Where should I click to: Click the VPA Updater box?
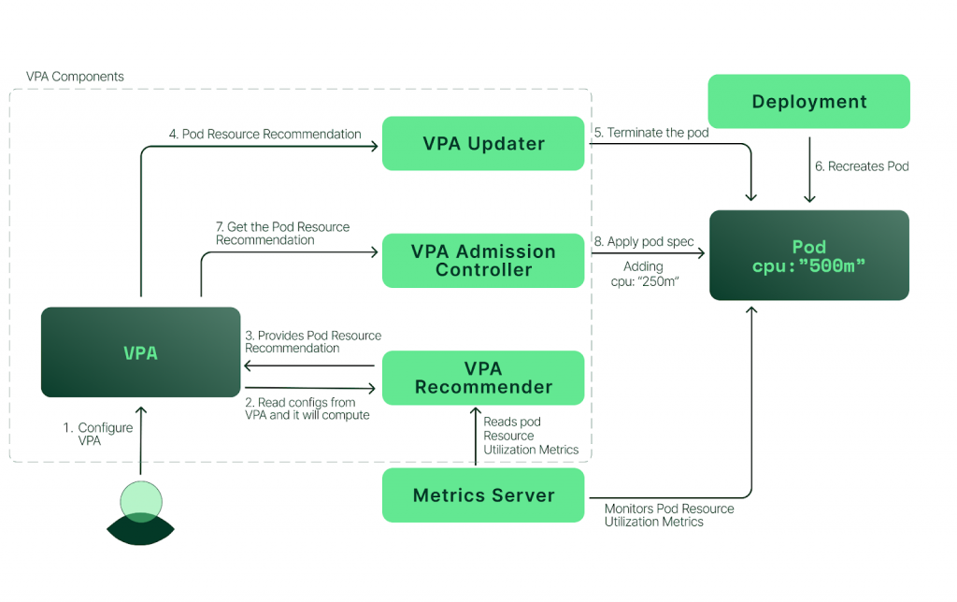483,143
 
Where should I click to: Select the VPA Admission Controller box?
483,260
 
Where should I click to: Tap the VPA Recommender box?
483,378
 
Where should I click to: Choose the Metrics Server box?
483,495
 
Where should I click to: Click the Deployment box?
808,101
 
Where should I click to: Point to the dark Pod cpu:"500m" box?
808,255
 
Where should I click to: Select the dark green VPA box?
141,352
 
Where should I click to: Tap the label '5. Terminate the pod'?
650,133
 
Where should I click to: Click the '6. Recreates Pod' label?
862,166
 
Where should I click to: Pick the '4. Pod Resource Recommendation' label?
264,134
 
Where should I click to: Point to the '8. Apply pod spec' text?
644,241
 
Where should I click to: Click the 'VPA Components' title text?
75,77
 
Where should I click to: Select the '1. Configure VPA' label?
98,434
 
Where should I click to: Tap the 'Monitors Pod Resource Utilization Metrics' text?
669,515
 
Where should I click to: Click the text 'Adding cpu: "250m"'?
643,273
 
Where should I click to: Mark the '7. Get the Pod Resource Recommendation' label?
282,233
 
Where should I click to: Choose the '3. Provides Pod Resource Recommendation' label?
313,341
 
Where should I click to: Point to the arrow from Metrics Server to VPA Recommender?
476,435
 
